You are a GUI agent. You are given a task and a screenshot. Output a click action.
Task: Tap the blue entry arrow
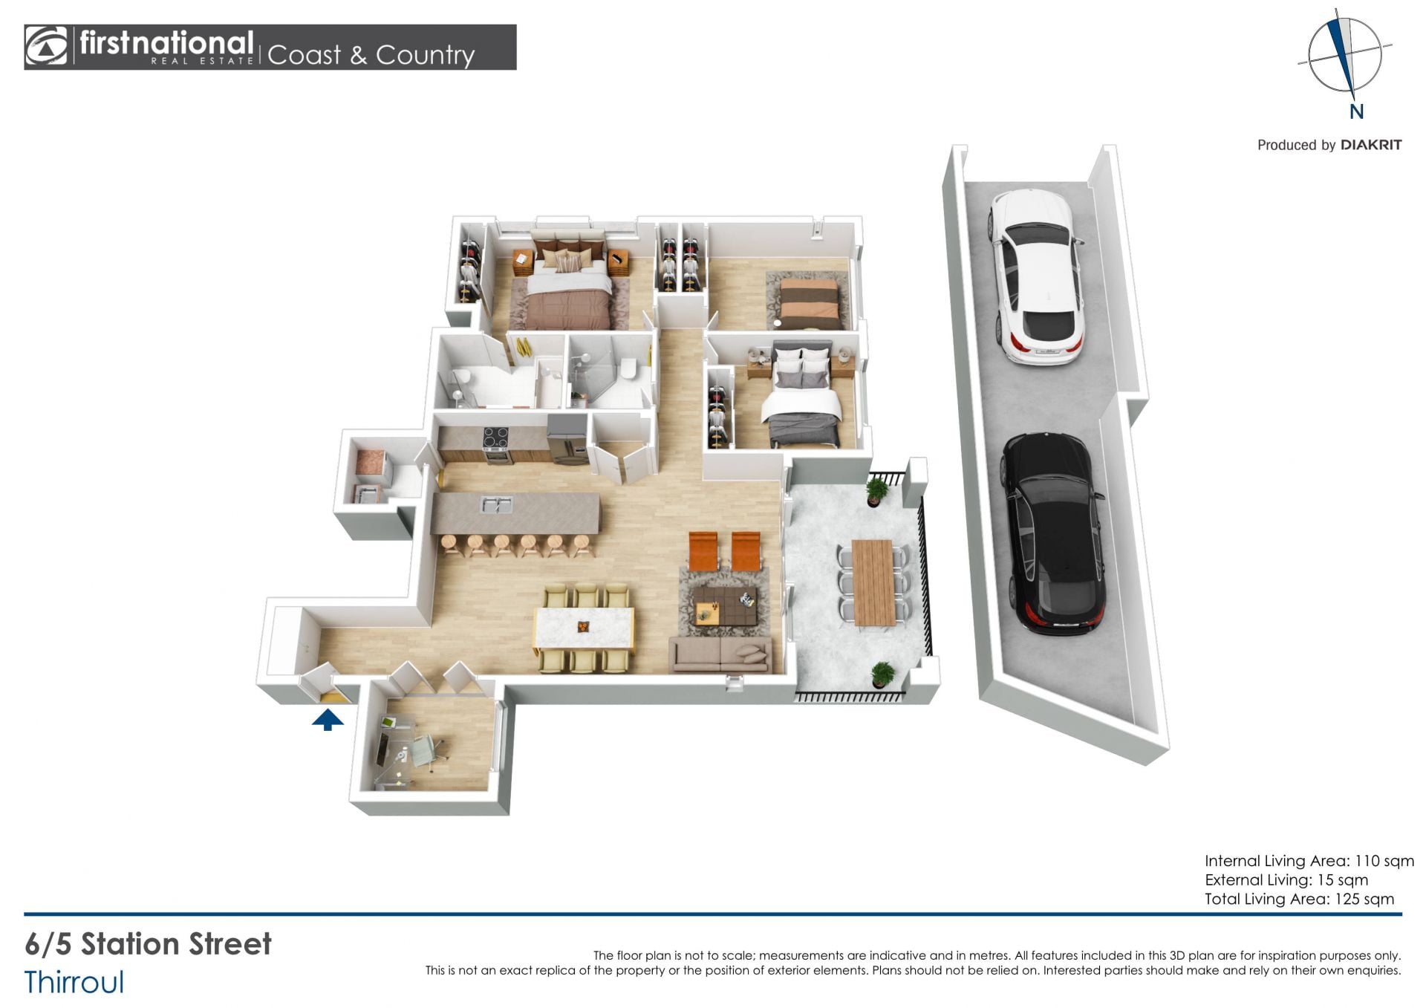click(x=328, y=720)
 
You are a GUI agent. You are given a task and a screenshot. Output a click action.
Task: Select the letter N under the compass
click(x=1356, y=112)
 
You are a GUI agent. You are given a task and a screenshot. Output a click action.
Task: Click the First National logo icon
click(x=46, y=47)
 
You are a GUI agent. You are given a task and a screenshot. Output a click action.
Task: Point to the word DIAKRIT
click(x=1371, y=145)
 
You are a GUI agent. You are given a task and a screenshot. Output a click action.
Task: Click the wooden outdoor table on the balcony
click(x=873, y=582)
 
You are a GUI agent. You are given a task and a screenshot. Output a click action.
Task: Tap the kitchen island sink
click(x=495, y=506)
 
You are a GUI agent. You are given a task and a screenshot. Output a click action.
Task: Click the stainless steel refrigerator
click(x=567, y=439)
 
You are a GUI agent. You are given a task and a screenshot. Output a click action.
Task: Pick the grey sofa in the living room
click(x=720, y=654)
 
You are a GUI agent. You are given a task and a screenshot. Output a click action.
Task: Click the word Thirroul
click(x=74, y=982)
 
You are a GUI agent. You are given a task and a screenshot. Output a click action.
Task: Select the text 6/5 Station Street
click(x=148, y=944)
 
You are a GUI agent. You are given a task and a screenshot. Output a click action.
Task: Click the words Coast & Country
click(x=371, y=55)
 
